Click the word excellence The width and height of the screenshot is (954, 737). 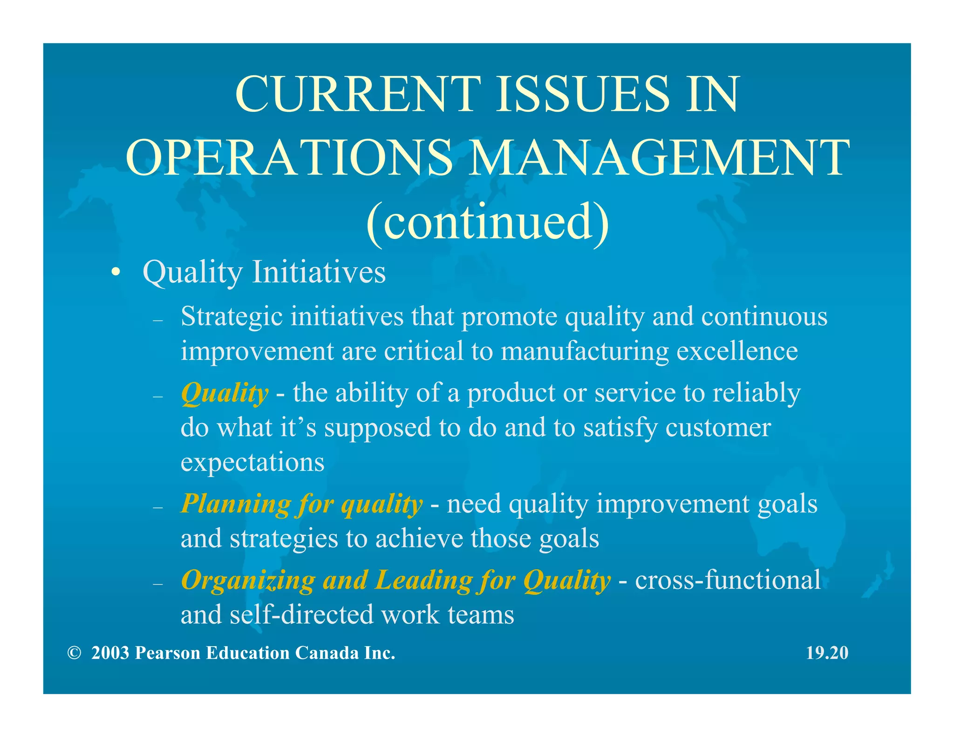point(737,351)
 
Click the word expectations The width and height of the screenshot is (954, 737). point(252,462)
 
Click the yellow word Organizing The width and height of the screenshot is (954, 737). point(248,581)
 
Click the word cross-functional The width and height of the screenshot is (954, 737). point(728,580)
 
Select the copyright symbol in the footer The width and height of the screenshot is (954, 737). point(74,653)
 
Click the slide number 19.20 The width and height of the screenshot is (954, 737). point(827,653)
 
